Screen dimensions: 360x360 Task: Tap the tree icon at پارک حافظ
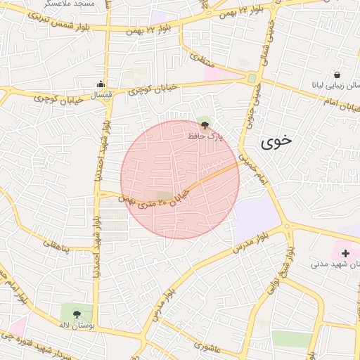click(205, 126)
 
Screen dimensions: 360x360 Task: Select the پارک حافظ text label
click(204, 136)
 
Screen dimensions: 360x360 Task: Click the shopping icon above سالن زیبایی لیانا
click(337, 75)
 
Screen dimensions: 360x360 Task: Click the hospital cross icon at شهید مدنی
click(345, 252)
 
